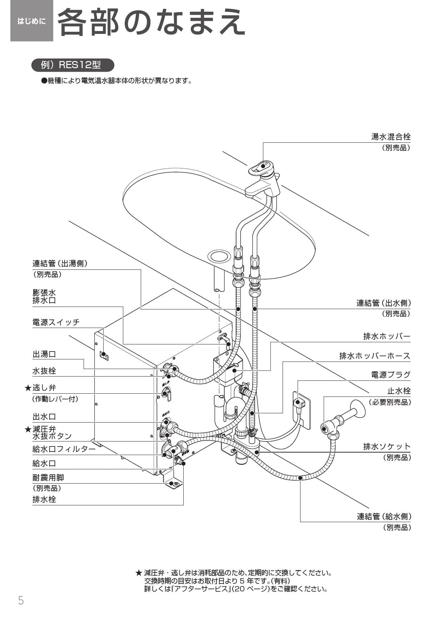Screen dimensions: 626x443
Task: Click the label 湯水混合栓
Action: click(x=390, y=137)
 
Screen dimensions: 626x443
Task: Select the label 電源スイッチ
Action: click(x=56, y=322)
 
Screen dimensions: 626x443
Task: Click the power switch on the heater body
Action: click(x=104, y=355)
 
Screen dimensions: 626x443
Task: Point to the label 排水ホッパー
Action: click(x=387, y=337)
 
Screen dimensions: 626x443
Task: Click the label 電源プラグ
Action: click(x=390, y=375)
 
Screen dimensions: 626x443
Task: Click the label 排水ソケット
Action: click(x=387, y=446)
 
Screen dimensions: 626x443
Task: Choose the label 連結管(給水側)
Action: click(x=384, y=516)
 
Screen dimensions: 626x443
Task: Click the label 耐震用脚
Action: click(x=48, y=478)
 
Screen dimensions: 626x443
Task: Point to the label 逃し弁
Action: click(x=44, y=388)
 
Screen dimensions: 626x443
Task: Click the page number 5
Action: click(x=21, y=601)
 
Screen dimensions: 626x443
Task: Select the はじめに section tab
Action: click(x=32, y=21)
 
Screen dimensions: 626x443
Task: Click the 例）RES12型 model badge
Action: click(x=73, y=65)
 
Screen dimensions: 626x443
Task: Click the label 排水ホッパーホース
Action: click(x=374, y=356)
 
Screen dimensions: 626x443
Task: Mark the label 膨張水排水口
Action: click(x=44, y=297)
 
